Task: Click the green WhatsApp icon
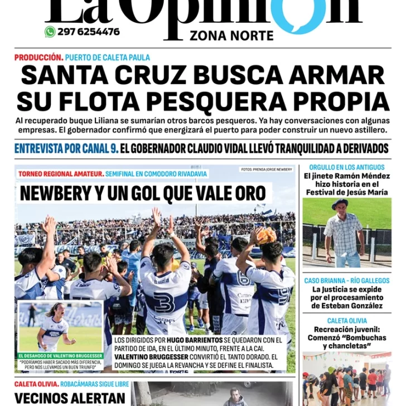point(50,32)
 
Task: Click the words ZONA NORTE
point(231,36)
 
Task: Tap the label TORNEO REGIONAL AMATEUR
point(60,174)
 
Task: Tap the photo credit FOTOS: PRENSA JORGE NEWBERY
point(267,170)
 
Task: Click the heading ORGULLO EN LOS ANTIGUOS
point(347,167)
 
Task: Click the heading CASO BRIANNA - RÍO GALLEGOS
point(347,280)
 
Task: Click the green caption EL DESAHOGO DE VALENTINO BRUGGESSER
point(61,356)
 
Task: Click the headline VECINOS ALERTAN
point(70,398)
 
